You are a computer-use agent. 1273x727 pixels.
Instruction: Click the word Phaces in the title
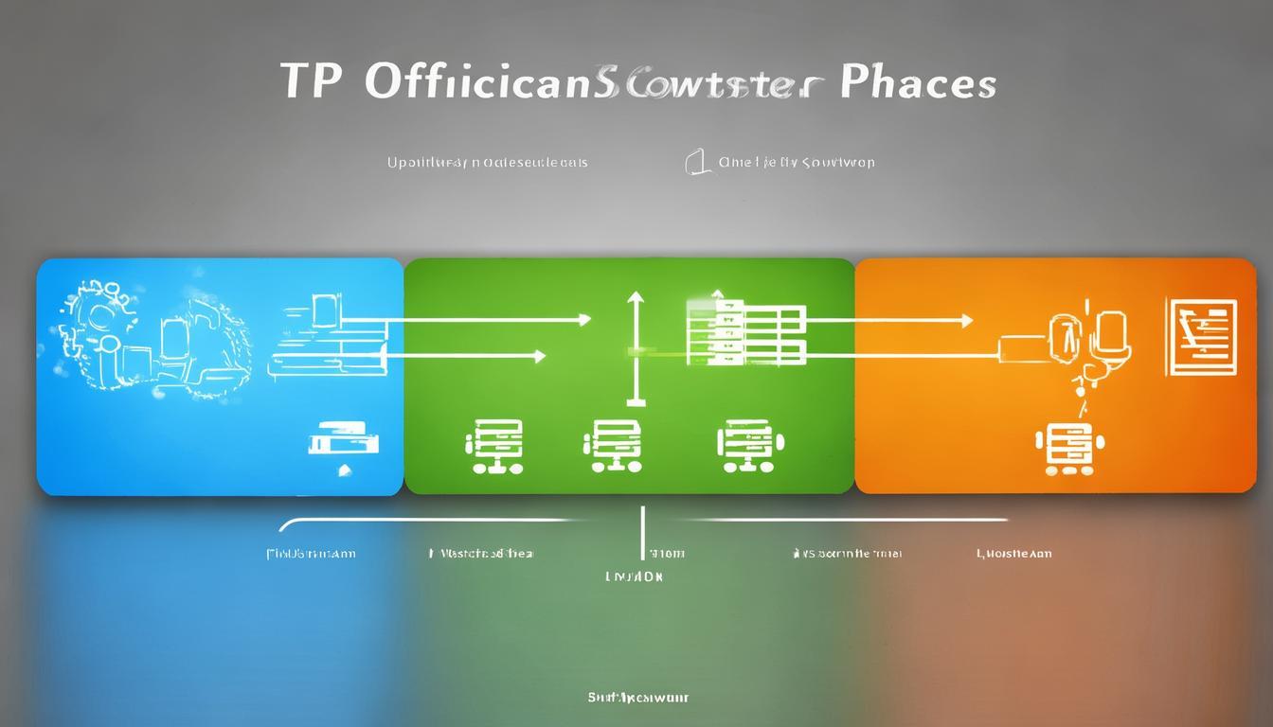pyautogui.click(x=917, y=82)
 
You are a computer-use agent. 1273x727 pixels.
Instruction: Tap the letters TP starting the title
pyautogui.click(x=311, y=82)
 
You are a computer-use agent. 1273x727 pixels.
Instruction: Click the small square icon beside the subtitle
pyautogui.click(x=697, y=162)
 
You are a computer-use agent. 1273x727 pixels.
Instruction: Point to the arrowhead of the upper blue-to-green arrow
pyautogui.click(x=584, y=321)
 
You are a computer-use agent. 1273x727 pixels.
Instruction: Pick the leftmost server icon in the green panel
pyautogui.click(x=493, y=444)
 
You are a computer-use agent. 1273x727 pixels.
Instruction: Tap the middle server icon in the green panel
pyautogui.click(x=612, y=445)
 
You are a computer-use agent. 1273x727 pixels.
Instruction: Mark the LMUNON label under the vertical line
pyautogui.click(x=634, y=576)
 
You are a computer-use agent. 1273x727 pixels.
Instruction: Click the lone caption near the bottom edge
pyautogui.click(x=636, y=698)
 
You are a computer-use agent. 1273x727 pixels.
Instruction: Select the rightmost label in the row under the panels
pyautogui.click(x=1013, y=554)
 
